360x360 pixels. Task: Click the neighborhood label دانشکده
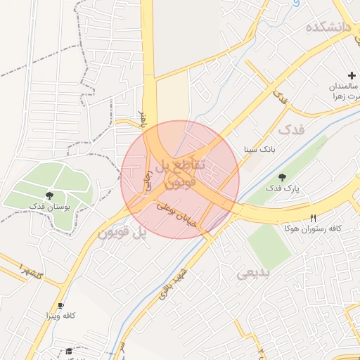click(327, 27)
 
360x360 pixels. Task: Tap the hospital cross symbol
click(352, 75)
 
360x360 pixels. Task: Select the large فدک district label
click(292, 130)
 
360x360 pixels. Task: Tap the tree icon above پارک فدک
click(282, 177)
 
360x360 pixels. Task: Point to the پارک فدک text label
click(283, 188)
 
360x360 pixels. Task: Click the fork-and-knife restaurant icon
click(313, 218)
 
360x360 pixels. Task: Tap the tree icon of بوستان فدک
click(49, 195)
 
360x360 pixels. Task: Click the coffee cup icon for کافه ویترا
click(60, 305)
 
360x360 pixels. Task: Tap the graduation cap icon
click(69, 351)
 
